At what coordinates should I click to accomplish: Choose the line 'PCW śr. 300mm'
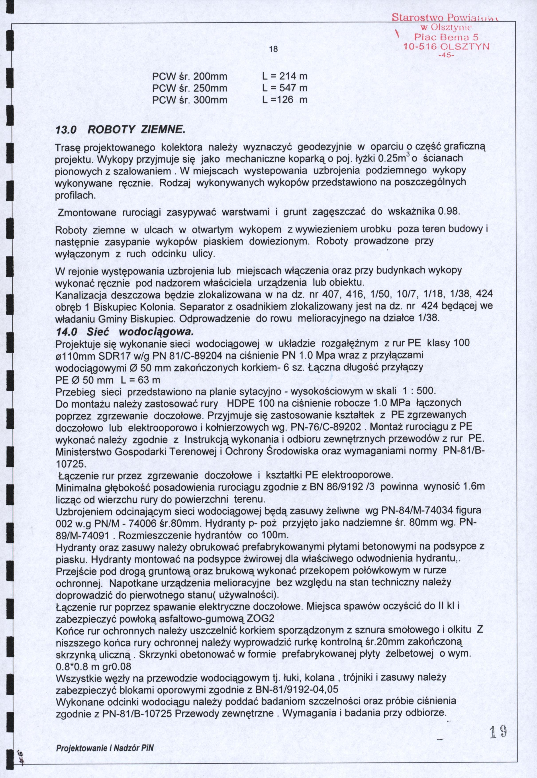click(190, 100)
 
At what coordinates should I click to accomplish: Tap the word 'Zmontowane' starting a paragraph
click(87, 213)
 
